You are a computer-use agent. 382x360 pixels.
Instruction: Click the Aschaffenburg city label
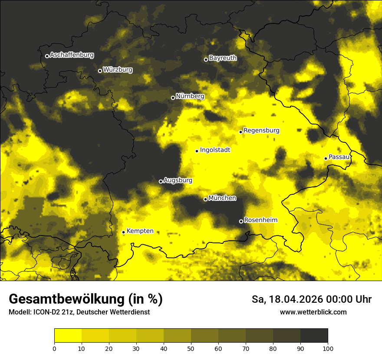pyautogui.click(x=72, y=55)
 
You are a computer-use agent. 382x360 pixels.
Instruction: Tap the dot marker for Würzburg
pyautogui.click(x=100, y=71)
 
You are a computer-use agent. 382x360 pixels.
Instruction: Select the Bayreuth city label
pyautogui.click(x=223, y=58)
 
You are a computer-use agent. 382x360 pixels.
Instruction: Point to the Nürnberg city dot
pyautogui.click(x=173, y=98)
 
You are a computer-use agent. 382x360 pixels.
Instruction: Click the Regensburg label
pyautogui.click(x=261, y=131)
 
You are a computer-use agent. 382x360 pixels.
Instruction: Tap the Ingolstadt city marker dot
pyautogui.click(x=197, y=151)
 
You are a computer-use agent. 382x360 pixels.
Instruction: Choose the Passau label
pyautogui.click(x=339, y=157)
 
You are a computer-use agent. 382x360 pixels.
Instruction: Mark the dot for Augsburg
pyautogui.click(x=161, y=181)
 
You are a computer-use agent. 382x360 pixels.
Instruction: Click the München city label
pyautogui.click(x=222, y=198)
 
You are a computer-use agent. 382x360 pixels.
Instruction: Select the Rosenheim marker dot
pyautogui.click(x=241, y=221)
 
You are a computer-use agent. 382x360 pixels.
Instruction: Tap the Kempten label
pyautogui.click(x=140, y=231)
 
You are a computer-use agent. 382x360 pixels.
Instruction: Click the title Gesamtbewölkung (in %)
pyautogui.click(x=86, y=299)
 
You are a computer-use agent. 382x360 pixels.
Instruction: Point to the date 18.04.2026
pyautogui.click(x=295, y=299)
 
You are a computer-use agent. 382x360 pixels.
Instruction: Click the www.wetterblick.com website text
pyautogui.click(x=313, y=312)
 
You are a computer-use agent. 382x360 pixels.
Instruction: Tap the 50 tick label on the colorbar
pyautogui.click(x=191, y=348)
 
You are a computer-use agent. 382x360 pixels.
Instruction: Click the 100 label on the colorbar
pyautogui.click(x=328, y=348)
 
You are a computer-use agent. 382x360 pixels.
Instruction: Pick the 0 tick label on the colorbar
pyautogui.click(x=54, y=348)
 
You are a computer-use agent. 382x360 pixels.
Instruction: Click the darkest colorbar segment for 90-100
pyautogui.click(x=314, y=336)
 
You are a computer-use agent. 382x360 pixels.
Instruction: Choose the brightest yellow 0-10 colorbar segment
pyautogui.click(x=68, y=336)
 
